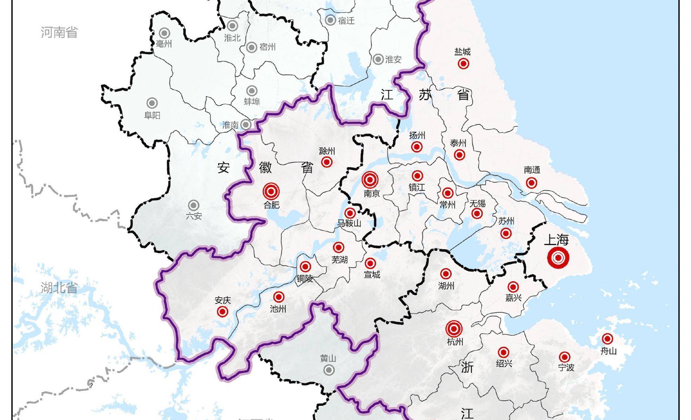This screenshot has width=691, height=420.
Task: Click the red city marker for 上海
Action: click(x=558, y=258)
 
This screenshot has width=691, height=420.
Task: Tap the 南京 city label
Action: click(x=371, y=193)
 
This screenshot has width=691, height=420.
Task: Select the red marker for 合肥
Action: click(x=271, y=192)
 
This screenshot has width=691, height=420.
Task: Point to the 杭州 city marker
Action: click(x=454, y=329)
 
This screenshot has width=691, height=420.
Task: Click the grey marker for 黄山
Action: click(x=329, y=370)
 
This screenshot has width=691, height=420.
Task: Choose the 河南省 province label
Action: click(x=59, y=32)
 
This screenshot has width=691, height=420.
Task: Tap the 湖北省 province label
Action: click(x=59, y=288)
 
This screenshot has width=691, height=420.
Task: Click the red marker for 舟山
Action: click(x=607, y=339)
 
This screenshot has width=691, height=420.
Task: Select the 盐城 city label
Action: click(x=462, y=52)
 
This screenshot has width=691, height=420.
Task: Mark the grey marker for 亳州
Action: click(x=164, y=33)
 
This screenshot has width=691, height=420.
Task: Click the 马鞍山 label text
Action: click(x=349, y=223)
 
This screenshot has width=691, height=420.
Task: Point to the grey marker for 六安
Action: click(x=194, y=205)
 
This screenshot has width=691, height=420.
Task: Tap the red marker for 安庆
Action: click(x=222, y=312)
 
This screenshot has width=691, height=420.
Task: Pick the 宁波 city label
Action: click(x=566, y=367)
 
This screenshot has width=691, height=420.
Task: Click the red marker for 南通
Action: click(x=531, y=183)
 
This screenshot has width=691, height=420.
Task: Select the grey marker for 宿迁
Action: click(x=330, y=20)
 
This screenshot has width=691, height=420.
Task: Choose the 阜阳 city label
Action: click(x=152, y=115)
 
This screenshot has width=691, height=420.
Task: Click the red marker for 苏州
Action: click(x=506, y=233)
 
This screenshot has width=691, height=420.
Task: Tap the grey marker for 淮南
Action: click(x=246, y=125)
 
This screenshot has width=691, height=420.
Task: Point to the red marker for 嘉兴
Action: click(x=513, y=287)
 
